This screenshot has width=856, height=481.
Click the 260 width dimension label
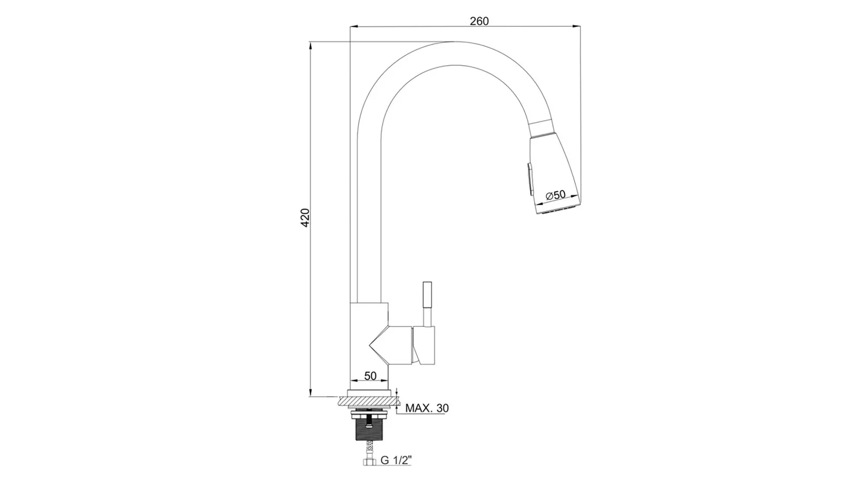coord(479,21)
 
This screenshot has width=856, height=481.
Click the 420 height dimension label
coord(305,218)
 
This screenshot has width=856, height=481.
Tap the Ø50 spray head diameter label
coord(556,195)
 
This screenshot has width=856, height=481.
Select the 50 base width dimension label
coord(370,376)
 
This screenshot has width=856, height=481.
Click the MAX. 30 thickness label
coord(427,408)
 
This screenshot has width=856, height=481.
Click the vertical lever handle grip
coord(427,295)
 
